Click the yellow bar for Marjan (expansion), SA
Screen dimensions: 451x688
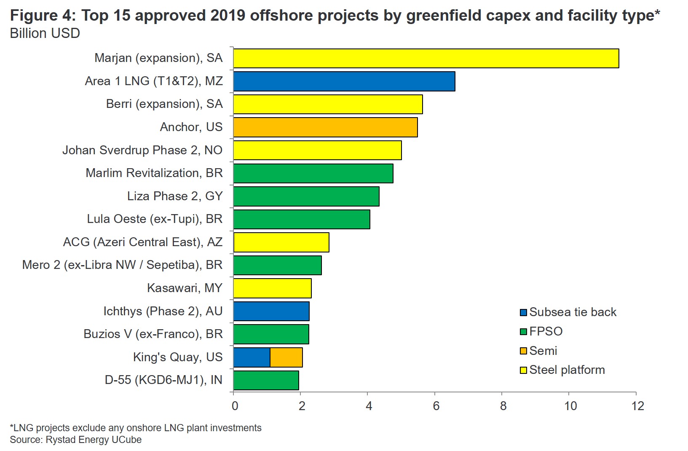[426, 58]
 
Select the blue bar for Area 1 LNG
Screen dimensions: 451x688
[344, 81]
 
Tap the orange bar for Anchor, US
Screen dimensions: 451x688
[325, 127]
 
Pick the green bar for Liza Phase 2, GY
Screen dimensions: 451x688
[306, 196]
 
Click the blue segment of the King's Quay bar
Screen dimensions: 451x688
[252, 357]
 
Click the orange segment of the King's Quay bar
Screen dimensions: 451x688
[286, 357]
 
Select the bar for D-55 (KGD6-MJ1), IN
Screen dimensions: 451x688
[266, 380]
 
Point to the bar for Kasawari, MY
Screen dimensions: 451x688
[272, 288]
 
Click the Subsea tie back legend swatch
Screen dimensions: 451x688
[524, 313]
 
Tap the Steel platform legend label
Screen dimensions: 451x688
[567, 370]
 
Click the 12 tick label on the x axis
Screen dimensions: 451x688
[638, 406]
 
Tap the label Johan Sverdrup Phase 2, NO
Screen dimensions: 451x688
[142, 150]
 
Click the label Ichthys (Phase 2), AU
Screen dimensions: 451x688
[163, 311]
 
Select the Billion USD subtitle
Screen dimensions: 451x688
[45, 33]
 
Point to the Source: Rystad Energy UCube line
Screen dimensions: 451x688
[76, 440]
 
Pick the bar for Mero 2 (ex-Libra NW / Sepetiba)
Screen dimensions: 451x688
[277, 265]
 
